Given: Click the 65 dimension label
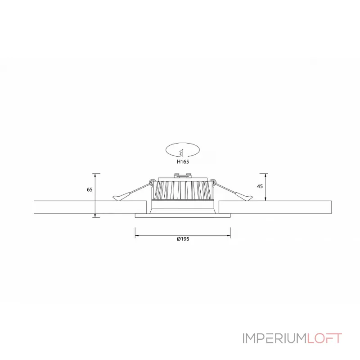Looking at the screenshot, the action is point(90,189).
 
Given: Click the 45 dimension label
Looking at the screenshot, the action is point(260,186).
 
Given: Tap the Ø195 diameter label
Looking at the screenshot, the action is point(183,239).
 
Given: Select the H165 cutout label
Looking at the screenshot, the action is point(183,162).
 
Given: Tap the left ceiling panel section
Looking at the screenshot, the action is point(90,207).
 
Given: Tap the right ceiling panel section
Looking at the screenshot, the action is point(275,207).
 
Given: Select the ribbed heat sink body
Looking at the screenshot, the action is point(183,190).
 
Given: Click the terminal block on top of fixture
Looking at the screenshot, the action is point(183,175).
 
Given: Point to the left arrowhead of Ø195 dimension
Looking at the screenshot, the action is point(137,235).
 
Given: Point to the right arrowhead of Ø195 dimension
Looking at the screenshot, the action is point(229,235).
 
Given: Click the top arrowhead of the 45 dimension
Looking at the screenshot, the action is point(265,175).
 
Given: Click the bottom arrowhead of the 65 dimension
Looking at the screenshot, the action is point(95,215).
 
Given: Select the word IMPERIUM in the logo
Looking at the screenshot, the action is point(274,338).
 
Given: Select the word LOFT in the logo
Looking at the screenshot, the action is point(324,338).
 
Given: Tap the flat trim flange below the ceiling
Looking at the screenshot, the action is point(183,216).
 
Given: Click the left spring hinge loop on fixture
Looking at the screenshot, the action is point(152,182).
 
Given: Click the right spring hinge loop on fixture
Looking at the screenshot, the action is point(214,182).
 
